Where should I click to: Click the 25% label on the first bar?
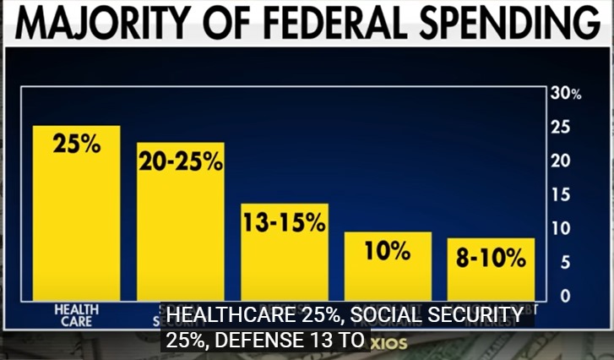76,144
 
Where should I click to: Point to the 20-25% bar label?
181,161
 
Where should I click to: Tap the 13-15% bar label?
284,222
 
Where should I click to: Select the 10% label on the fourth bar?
388,251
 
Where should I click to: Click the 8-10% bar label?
491,258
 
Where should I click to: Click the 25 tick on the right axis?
560,128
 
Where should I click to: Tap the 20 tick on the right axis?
560,161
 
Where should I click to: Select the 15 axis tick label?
560,195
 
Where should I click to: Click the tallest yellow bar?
76,220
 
